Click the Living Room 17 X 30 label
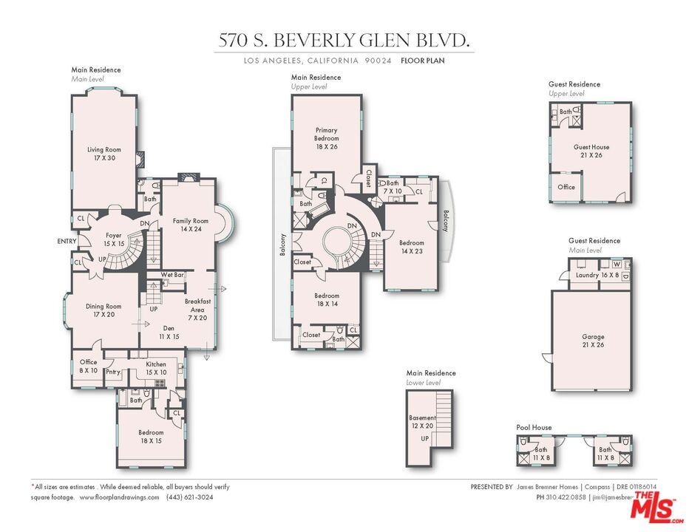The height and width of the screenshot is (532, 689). tap(103, 154)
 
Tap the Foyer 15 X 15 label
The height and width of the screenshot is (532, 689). tap(113, 239)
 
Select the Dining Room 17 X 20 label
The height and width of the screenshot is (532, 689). tap(103, 310)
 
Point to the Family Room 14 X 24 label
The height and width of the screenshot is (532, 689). tap(191, 225)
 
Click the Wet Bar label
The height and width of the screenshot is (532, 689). tap(172, 275)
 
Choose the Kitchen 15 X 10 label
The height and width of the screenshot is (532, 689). tap(156, 368)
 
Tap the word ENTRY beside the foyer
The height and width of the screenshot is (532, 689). tap(67, 242)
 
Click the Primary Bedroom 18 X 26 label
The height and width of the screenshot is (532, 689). tap(326, 139)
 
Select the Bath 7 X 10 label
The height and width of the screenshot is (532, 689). tap(392, 187)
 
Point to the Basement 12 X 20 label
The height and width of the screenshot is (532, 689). tap(422, 422)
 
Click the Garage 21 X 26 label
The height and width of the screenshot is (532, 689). tap(592, 341)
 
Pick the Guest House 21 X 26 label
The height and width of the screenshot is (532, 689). tap(591, 151)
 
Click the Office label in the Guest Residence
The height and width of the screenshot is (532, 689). tap(566, 187)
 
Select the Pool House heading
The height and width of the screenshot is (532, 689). tap(534, 427)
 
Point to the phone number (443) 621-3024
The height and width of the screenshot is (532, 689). tap(191, 497)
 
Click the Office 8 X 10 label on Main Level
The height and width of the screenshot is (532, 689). tap(89, 366)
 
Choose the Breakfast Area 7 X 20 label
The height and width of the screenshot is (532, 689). tap(198, 310)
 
